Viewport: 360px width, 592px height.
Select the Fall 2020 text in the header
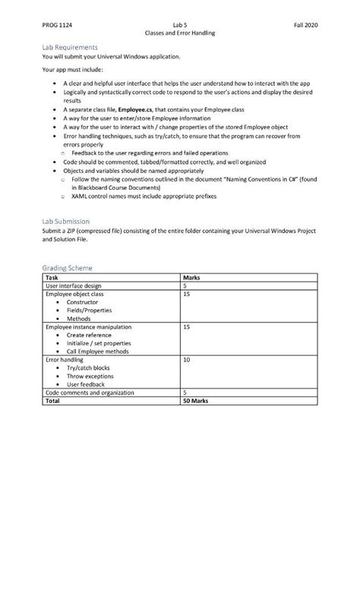coord(305,25)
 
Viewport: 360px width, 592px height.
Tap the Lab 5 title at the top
coord(180,25)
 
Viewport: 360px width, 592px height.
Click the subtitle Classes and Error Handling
coord(180,33)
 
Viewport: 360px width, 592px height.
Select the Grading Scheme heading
coord(68,268)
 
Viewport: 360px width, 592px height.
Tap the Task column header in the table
coord(52,278)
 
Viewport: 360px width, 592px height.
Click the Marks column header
coord(192,278)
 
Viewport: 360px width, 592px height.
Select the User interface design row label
coord(74,285)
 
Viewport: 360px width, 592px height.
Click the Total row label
coord(53,400)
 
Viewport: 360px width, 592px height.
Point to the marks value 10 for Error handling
coord(187,360)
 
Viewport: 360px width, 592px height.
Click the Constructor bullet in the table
coord(82,302)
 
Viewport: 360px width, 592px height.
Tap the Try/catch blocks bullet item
coord(87,367)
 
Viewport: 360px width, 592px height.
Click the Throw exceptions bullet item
coord(89,376)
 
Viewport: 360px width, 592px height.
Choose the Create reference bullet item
coord(88,335)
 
